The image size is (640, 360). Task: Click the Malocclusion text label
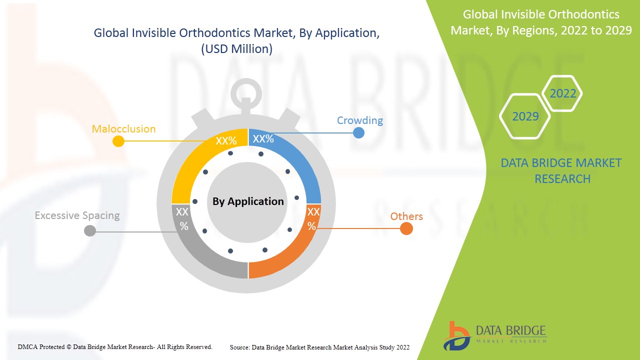pyautogui.click(x=123, y=129)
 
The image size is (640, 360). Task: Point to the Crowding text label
pyautogui.click(x=359, y=120)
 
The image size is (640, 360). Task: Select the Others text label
pyautogui.click(x=406, y=216)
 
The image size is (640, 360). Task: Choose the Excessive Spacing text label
pyautogui.click(x=77, y=215)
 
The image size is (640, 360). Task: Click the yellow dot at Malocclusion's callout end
pyautogui.click(x=118, y=141)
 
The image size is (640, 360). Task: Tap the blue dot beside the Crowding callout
pyautogui.click(x=358, y=132)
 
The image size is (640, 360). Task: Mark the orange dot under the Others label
pyautogui.click(x=406, y=228)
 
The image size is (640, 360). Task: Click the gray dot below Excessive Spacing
pyautogui.click(x=90, y=230)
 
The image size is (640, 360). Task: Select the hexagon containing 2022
pyautogui.click(x=562, y=93)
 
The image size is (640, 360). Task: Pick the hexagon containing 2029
pyautogui.click(x=525, y=116)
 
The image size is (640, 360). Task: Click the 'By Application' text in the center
pyautogui.click(x=248, y=201)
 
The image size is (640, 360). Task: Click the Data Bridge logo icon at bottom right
pyautogui.click(x=456, y=335)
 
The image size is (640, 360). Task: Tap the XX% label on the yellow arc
pyautogui.click(x=226, y=140)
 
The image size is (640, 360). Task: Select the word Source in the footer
pyautogui.click(x=240, y=347)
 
